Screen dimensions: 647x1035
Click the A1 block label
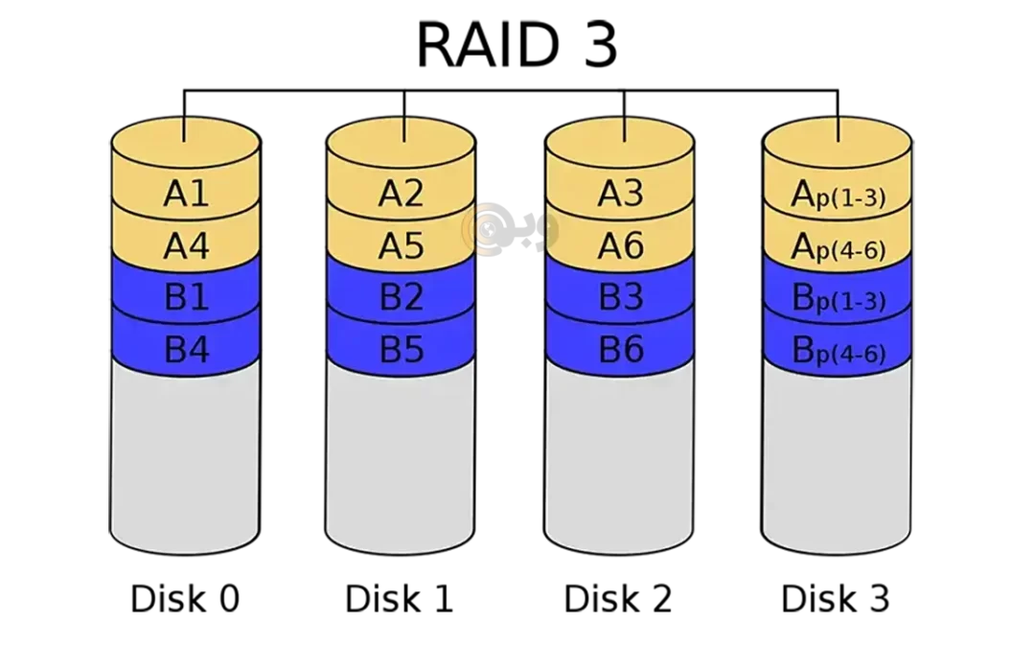pyautogui.click(x=186, y=195)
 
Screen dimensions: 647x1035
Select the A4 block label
pyautogui.click(x=186, y=246)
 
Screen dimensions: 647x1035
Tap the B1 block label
pyautogui.click(x=186, y=298)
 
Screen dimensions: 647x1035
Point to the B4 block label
pyautogui.click(x=186, y=350)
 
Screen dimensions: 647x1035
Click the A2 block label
pyautogui.click(x=401, y=195)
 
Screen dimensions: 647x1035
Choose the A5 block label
pyautogui.click(x=401, y=246)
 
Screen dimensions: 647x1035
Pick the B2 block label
pyautogui.click(x=401, y=298)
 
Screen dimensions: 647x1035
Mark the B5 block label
pyautogui.click(x=401, y=350)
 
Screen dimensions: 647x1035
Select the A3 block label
pyautogui.click(x=620, y=195)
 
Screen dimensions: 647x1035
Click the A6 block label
pyautogui.click(x=620, y=246)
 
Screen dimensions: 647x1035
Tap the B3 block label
pyautogui.click(x=620, y=298)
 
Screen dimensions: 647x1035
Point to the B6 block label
pyautogui.click(x=620, y=350)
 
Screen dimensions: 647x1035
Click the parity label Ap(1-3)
pyautogui.click(x=838, y=196)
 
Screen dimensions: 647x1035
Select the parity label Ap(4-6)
pyautogui.click(x=838, y=248)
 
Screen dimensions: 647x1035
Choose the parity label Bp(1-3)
pyautogui.click(x=838, y=300)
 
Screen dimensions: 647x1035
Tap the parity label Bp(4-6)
pyautogui.click(x=838, y=352)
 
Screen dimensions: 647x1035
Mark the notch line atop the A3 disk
pyautogui.click(x=624, y=129)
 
